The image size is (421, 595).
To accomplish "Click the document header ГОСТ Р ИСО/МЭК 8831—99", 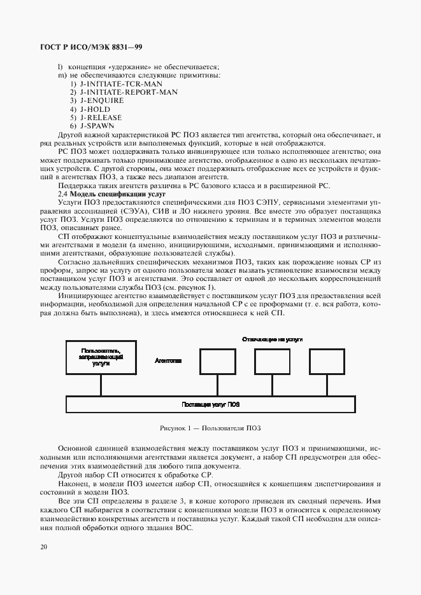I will pos(92,47).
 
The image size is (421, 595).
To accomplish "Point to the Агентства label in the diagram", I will pos(168,360).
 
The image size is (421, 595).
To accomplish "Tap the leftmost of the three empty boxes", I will pos(218,361).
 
